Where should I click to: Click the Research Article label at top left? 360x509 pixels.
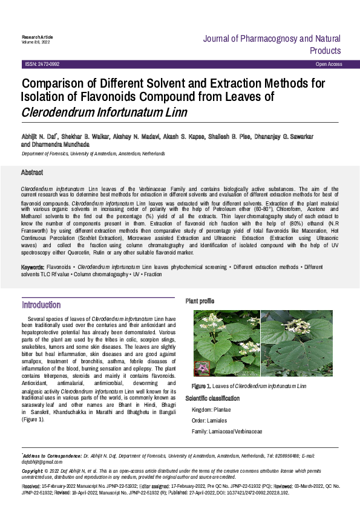click(x=36, y=37)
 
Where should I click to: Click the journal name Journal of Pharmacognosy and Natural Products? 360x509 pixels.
click(x=272, y=44)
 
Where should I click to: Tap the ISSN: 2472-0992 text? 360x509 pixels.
click(x=42, y=64)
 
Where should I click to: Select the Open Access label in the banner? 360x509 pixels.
click(x=329, y=64)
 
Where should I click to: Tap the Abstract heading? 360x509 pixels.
click(x=32, y=173)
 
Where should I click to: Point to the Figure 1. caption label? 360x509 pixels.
click(x=201, y=386)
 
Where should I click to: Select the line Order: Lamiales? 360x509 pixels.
click(x=209, y=421)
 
